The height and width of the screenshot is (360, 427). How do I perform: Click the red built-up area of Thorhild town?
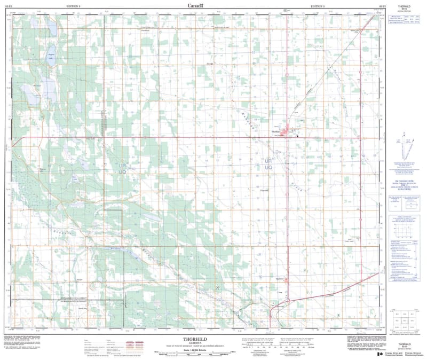(291, 130)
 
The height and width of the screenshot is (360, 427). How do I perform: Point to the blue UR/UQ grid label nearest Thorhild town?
(269, 163)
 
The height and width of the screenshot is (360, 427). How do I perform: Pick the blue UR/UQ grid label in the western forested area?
(122, 168)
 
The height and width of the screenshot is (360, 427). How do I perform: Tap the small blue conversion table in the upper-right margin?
(405, 19)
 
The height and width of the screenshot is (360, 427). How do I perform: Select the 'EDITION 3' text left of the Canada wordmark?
(73, 6)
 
